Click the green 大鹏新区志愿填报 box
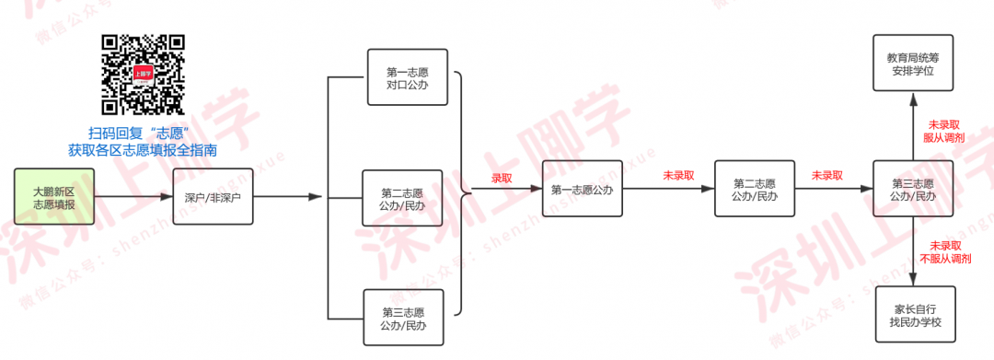[54, 196]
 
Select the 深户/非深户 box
[213, 196]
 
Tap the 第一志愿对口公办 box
[407, 77]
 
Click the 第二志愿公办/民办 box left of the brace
[402, 198]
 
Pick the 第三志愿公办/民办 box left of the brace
[402, 317]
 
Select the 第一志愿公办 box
[582, 189]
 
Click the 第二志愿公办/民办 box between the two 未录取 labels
[755, 189]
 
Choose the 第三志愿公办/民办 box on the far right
[913, 189]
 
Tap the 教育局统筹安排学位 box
[913, 64]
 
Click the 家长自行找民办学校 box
[916, 315]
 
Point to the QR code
[144, 75]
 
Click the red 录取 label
[502, 179]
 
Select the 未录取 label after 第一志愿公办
[679, 176]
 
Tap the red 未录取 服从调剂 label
[945, 131]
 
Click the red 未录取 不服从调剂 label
[945, 251]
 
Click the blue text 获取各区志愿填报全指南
[144, 151]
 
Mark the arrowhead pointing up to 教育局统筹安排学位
[913, 99]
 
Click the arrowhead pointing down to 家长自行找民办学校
[914, 280]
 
